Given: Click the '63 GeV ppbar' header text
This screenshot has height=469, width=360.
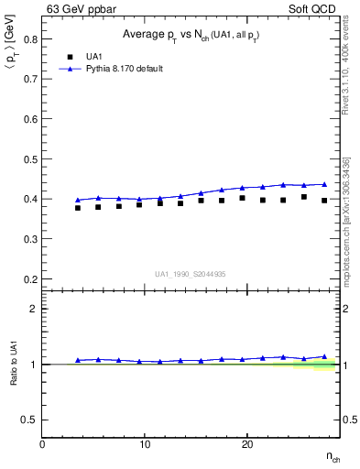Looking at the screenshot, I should pyautogui.click(x=80, y=9).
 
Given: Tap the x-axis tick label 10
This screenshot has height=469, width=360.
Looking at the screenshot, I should pyautogui.click(x=145, y=443).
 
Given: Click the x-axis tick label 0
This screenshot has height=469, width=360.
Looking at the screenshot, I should pyautogui.click(x=43, y=443).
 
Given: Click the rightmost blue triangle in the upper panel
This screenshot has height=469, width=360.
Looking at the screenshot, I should pyautogui.click(x=324, y=184).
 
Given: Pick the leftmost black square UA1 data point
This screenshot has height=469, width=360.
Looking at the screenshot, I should pyautogui.click(x=78, y=208).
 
